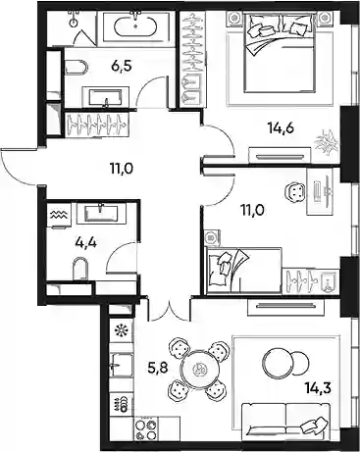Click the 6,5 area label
(x=122, y=67)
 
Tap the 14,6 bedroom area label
(x=281, y=127)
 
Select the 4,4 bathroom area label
(x=85, y=243)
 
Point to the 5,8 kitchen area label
(x=158, y=369)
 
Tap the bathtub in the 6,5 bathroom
(x=135, y=26)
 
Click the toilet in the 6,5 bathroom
(x=77, y=68)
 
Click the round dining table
(x=199, y=370)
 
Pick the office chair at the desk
(x=295, y=192)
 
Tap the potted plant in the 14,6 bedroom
(x=328, y=142)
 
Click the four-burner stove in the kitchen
(x=146, y=430)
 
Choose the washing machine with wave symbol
(x=59, y=215)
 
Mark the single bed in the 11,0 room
(x=243, y=269)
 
